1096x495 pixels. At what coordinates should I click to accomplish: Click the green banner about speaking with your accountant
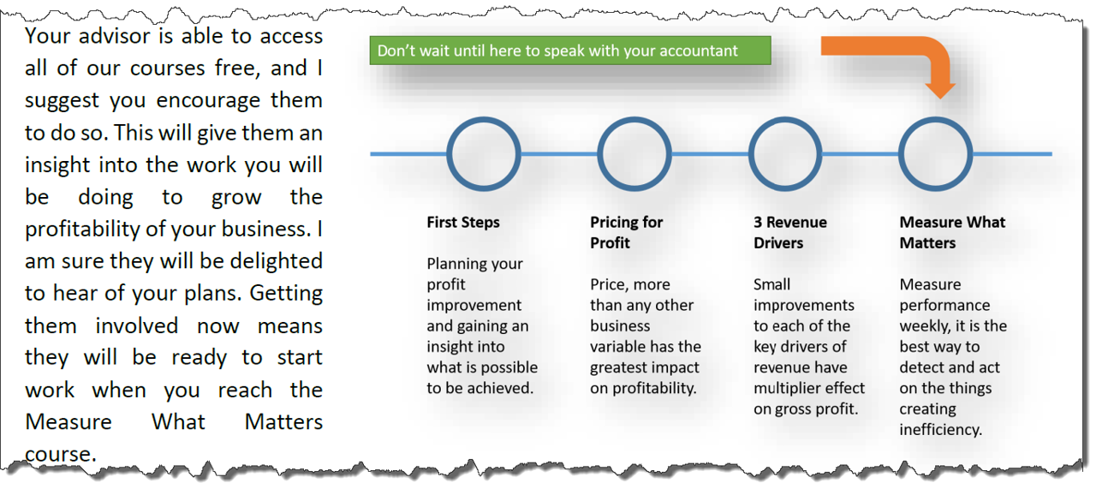tap(570, 51)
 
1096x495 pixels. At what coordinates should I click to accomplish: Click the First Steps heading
tap(463, 223)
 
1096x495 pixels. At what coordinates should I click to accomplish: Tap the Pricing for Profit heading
tap(626, 232)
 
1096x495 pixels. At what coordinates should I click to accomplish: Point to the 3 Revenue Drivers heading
tap(790, 232)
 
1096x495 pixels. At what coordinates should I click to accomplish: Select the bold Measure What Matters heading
tap(952, 232)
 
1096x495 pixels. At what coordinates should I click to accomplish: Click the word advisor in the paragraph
tap(115, 36)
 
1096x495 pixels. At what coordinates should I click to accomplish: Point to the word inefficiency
tap(940, 430)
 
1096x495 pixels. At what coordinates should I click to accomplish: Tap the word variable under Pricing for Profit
tap(618, 347)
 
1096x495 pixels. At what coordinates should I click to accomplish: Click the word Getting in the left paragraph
tap(286, 294)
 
